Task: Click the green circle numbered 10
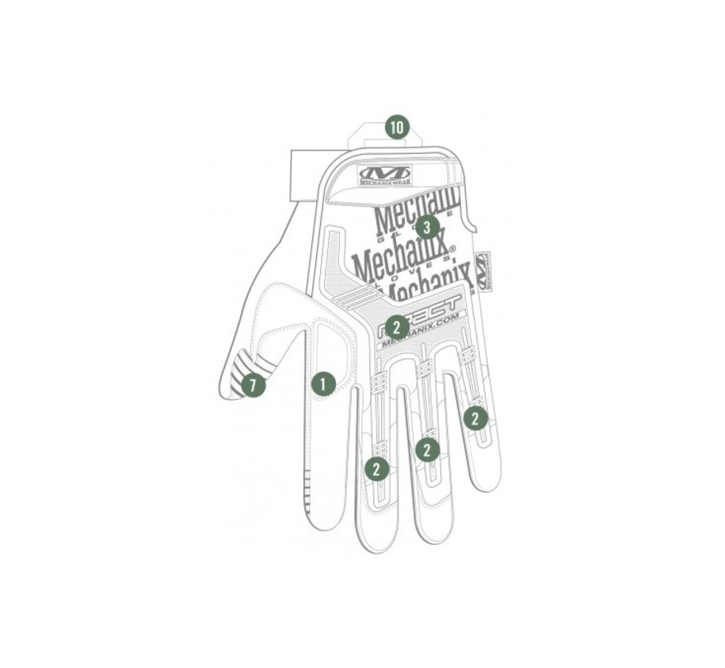tap(397, 127)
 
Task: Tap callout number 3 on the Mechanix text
tap(427, 226)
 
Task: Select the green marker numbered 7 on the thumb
tap(253, 385)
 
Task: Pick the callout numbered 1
tap(323, 383)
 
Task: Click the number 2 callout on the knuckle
tap(397, 327)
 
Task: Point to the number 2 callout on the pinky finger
tap(476, 418)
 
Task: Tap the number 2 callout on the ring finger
tap(428, 449)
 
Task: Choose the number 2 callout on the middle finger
tap(376, 468)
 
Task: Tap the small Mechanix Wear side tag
tap(481, 268)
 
